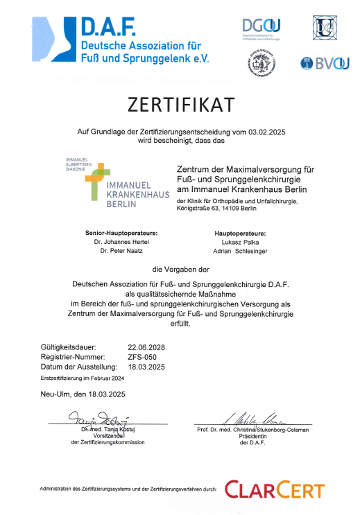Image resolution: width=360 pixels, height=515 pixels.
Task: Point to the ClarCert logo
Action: click(275, 490)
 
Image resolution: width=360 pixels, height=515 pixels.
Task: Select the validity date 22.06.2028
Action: click(146, 347)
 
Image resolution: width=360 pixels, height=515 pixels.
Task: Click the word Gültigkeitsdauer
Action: click(68, 347)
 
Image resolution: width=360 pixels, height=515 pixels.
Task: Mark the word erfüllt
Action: click(180, 323)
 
